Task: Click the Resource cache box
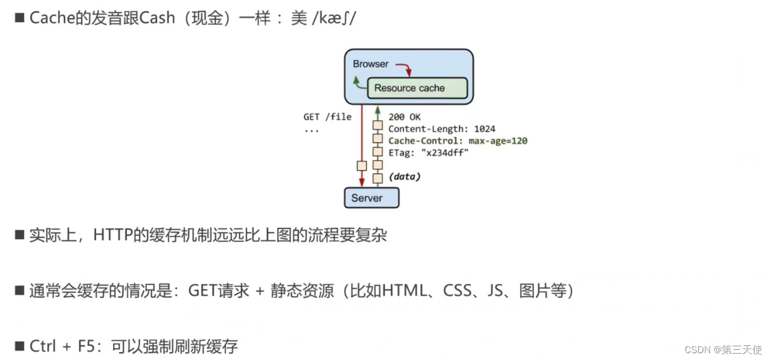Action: tap(417, 88)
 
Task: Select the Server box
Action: tap(371, 198)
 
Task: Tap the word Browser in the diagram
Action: tap(370, 64)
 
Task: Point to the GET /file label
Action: tap(327, 117)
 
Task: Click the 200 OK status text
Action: tap(405, 117)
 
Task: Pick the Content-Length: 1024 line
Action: tap(441, 129)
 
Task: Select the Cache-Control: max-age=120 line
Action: tap(457, 141)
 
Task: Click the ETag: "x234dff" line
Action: tap(428, 153)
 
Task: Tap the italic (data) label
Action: tap(405, 177)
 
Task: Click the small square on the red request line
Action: tap(361, 166)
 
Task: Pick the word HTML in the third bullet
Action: tap(404, 291)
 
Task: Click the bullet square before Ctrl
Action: tap(19, 345)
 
